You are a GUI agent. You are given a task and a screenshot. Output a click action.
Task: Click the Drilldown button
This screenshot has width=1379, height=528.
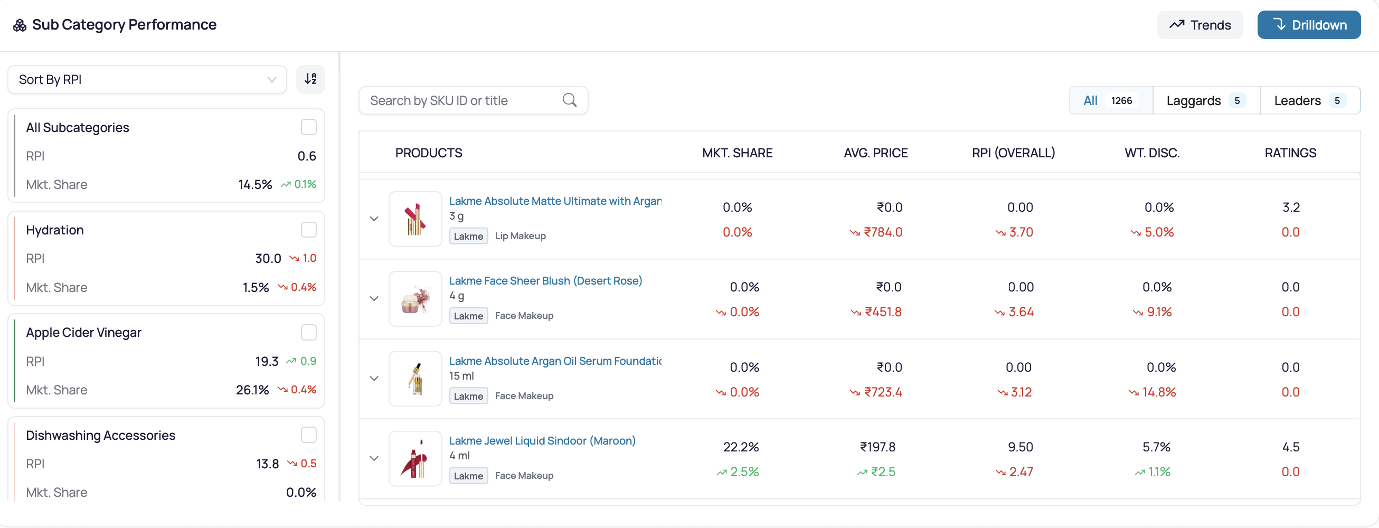(1308, 25)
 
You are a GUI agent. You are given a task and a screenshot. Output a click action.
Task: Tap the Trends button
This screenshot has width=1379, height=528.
(1199, 25)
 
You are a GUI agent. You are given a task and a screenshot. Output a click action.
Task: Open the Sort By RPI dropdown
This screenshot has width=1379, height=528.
(147, 79)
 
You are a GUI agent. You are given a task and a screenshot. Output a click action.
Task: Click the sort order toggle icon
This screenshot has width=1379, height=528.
(310, 79)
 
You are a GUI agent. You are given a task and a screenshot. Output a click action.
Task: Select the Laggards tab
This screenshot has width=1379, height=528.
(1206, 100)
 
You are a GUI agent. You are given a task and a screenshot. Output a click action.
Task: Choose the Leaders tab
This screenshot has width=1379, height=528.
(1310, 100)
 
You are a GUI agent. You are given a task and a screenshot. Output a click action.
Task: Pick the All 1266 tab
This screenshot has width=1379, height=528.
(1110, 100)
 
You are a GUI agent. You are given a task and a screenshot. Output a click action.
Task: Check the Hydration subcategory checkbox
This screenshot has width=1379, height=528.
(308, 230)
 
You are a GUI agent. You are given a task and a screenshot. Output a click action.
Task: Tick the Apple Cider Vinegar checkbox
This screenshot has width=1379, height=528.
(308, 332)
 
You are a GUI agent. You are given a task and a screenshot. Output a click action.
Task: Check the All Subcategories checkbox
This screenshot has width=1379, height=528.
(308, 127)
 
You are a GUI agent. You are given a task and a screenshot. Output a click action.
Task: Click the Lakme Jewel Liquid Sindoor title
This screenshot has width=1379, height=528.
(542, 440)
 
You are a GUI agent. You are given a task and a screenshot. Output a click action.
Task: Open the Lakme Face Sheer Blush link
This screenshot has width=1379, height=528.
(545, 280)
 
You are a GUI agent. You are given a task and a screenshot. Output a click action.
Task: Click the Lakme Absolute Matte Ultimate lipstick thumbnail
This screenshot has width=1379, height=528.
(415, 219)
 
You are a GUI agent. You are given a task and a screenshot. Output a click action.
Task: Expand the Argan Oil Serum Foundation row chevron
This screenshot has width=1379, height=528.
(374, 379)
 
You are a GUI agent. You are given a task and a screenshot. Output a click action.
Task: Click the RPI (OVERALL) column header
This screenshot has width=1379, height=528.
(1013, 153)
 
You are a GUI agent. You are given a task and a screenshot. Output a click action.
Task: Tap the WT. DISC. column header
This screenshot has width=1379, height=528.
(1151, 153)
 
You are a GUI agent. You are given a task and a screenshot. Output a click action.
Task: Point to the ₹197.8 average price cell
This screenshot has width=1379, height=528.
(877, 447)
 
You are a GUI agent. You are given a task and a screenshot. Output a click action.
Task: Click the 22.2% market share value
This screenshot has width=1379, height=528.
(741, 447)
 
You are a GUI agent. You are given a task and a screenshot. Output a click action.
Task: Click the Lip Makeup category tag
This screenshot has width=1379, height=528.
(520, 235)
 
